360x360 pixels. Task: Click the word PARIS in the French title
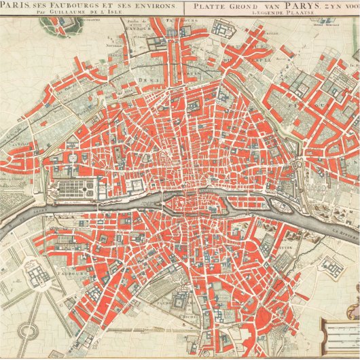(x=16, y=5)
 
